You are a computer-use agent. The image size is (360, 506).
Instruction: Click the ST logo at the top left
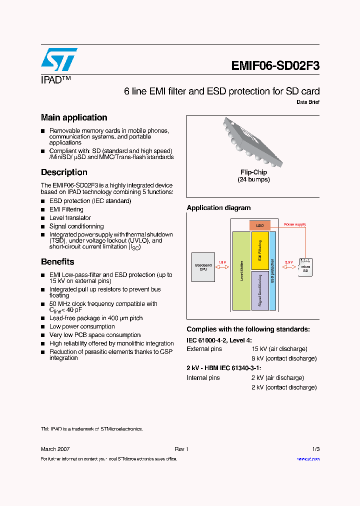(x=59, y=60)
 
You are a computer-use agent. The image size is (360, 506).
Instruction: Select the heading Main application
(x=74, y=117)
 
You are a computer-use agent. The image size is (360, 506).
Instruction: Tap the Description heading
(x=64, y=172)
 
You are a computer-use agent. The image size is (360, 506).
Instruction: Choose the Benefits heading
(x=57, y=262)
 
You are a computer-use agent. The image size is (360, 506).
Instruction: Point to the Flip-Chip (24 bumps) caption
(x=253, y=176)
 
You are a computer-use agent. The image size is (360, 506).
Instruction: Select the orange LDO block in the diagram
(x=260, y=225)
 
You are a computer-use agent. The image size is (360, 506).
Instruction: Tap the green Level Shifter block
(x=241, y=270)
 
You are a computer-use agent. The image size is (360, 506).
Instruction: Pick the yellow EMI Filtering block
(x=260, y=251)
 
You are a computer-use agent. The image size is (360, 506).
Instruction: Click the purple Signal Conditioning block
(x=260, y=290)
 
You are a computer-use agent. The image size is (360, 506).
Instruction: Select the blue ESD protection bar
(x=272, y=270)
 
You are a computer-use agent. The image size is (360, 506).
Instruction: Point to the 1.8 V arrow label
(x=222, y=262)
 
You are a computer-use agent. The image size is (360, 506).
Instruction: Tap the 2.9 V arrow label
(x=288, y=262)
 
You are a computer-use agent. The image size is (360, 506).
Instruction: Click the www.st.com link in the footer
(x=308, y=459)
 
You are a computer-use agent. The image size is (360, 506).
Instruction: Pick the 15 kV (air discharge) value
(x=279, y=349)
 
